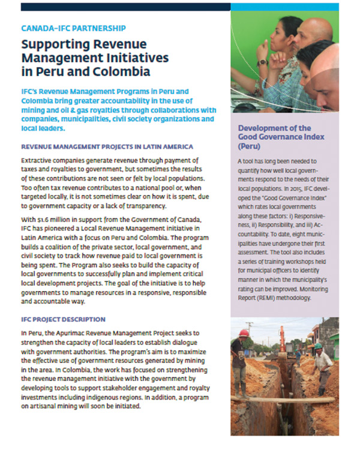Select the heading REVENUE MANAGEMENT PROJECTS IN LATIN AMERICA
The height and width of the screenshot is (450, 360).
[107, 146]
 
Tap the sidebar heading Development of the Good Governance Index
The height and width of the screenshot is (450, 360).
[275, 136]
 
